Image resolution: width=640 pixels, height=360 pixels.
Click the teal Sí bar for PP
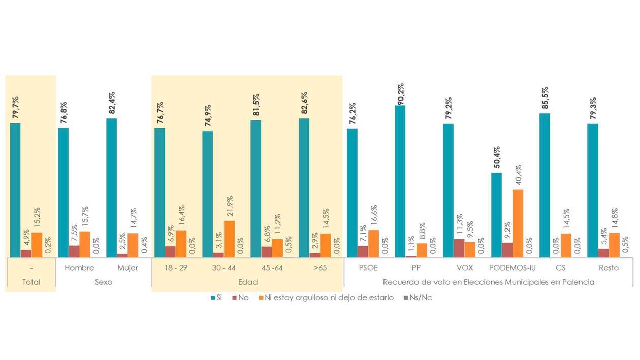[x=400, y=181]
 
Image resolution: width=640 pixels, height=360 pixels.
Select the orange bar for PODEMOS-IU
[x=518, y=223]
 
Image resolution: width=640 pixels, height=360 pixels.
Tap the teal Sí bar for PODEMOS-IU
[x=496, y=215]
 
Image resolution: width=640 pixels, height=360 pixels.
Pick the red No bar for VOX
[x=459, y=248]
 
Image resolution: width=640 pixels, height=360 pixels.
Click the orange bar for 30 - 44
[x=229, y=239]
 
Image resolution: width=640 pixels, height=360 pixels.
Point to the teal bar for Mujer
[x=111, y=188]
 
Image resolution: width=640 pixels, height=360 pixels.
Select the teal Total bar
[x=15, y=190]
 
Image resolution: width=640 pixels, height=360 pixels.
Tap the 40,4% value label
[x=518, y=176]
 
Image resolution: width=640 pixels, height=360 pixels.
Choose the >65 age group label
[x=319, y=268]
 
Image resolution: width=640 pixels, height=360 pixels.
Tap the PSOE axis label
[x=368, y=268]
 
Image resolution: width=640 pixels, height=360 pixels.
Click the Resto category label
[x=608, y=268]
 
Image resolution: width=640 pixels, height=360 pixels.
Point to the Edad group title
[x=247, y=282]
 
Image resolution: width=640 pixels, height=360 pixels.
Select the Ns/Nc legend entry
[x=421, y=298]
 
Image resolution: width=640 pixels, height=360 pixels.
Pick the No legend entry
[x=243, y=298]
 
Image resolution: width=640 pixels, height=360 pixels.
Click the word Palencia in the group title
[x=577, y=282]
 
